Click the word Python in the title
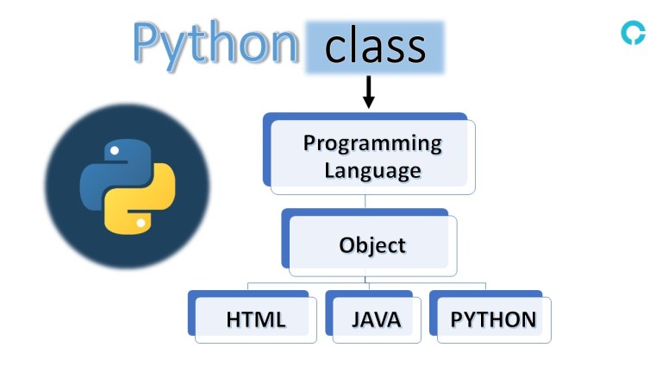coord(214,43)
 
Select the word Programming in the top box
coord(372,142)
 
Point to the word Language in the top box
coord(372,169)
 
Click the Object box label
coord(372,244)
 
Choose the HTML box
coord(255,319)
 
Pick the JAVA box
coord(376,319)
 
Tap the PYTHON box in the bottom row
coord(493,319)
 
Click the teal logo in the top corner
coord(633,33)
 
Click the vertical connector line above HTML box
coord(248,287)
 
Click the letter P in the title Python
coord(148,43)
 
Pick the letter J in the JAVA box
coord(357,319)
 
